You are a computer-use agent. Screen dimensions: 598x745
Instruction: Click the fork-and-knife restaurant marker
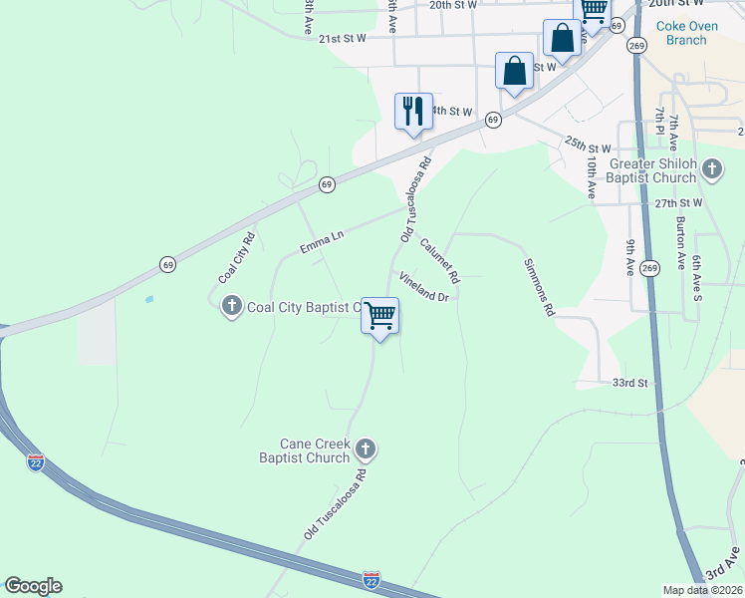(413, 111)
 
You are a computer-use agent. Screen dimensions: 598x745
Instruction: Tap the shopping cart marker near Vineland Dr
(379, 317)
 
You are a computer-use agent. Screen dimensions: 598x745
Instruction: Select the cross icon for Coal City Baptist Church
(232, 306)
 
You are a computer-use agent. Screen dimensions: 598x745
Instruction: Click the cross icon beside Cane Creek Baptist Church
(366, 449)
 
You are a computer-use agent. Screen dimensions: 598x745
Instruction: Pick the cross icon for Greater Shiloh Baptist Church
(711, 169)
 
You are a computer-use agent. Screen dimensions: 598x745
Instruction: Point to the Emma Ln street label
(322, 239)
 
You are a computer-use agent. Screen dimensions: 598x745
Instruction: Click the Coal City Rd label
(237, 257)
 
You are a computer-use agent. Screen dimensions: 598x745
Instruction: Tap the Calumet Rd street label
(439, 258)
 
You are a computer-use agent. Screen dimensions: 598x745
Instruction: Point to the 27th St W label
(678, 202)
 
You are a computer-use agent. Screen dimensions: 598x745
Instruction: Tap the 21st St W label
(343, 38)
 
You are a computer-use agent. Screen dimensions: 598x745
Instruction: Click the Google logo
(33, 586)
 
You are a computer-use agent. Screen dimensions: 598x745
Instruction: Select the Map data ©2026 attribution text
(703, 590)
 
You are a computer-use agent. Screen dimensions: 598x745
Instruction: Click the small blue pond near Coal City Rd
(149, 299)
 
